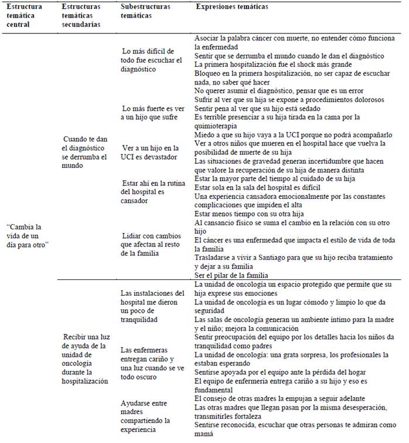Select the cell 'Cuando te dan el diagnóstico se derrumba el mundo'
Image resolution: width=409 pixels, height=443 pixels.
(x=87, y=153)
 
